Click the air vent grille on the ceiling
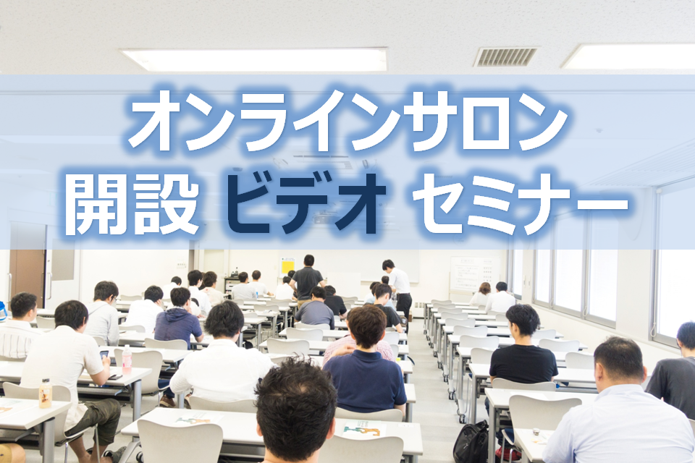505,56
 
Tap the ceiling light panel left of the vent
253,59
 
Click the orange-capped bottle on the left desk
45,393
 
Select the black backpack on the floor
471,443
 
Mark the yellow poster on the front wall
287,266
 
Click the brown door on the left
27,275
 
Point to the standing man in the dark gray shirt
307,279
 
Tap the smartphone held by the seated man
104,355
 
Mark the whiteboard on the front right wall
475,273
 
